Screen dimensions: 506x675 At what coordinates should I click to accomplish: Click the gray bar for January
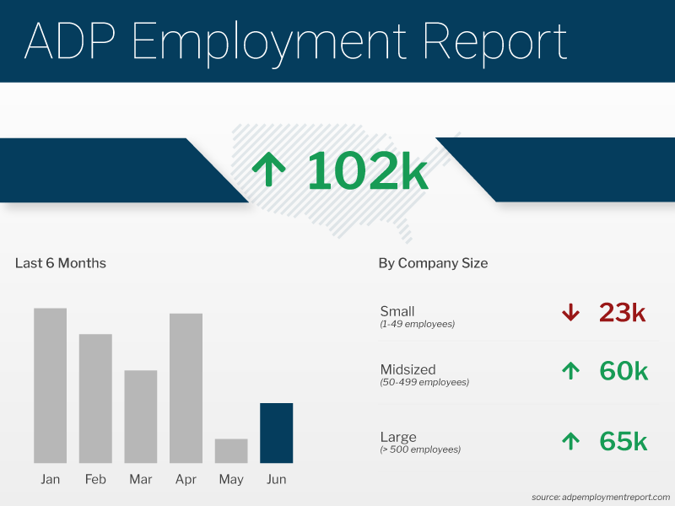(x=51, y=385)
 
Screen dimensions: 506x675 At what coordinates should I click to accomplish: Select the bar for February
(x=95, y=398)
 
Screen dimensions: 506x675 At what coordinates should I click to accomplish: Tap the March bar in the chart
(x=141, y=417)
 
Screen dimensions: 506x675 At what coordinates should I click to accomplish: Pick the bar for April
(x=186, y=388)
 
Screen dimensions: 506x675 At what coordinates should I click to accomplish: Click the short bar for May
(x=231, y=450)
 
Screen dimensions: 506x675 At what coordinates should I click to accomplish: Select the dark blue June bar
(x=276, y=433)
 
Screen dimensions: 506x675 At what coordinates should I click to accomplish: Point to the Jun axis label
(x=276, y=479)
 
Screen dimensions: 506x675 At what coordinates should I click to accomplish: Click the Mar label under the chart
(x=141, y=479)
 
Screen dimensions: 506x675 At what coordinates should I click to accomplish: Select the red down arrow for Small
(x=570, y=313)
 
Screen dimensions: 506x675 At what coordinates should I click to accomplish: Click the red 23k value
(x=622, y=313)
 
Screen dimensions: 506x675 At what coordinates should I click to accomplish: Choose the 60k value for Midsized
(x=623, y=371)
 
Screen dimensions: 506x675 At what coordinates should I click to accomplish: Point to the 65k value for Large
(x=623, y=441)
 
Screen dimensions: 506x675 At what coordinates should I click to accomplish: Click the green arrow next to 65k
(x=570, y=440)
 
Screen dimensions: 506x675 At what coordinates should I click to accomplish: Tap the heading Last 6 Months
(x=61, y=263)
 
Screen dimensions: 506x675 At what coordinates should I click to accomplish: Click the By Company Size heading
(x=433, y=263)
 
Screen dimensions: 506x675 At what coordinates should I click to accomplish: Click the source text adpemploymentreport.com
(x=601, y=497)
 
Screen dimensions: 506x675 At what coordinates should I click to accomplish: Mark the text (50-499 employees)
(x=424, y=382)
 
